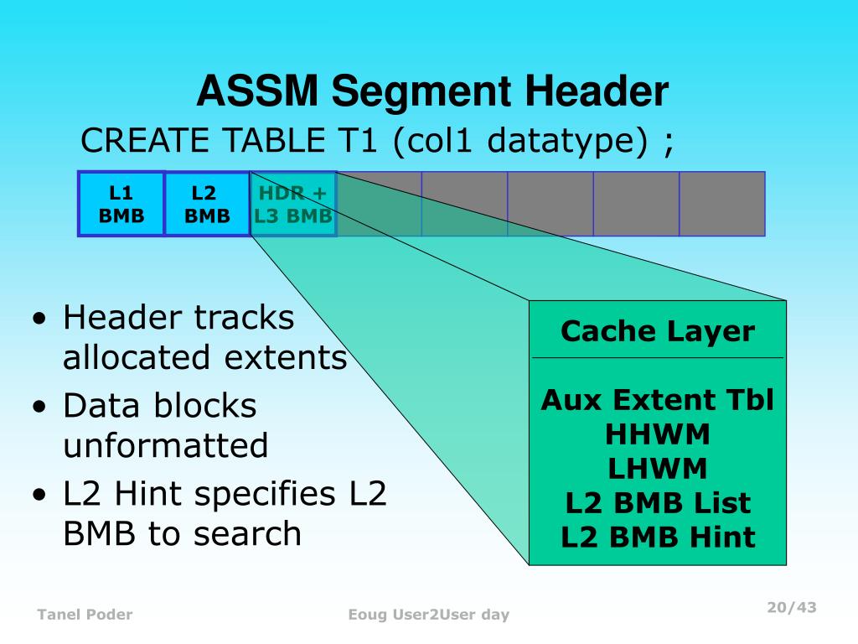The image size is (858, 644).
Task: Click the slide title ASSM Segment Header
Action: [432, 91]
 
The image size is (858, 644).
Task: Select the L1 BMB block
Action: [121, 204]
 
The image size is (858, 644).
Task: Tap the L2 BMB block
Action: [207, 204]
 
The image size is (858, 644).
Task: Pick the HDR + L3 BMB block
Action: [293, 204]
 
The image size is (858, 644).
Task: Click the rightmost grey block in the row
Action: [722, 204]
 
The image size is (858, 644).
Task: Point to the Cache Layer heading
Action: [658, 331]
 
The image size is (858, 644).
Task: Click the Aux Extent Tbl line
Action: [658, 400]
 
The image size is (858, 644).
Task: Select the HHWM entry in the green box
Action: [658, 434]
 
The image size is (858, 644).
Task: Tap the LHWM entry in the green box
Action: [658, 468]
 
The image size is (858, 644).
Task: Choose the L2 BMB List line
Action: [658, 503]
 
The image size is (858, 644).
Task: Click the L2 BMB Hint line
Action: [658, 537]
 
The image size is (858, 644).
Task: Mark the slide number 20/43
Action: [792, 607]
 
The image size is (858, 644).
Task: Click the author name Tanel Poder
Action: [85, 615]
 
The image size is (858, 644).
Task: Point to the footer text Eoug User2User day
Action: [429, 615]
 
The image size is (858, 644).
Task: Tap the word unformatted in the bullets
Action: [166, 445]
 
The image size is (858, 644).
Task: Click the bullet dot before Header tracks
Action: [40, 321]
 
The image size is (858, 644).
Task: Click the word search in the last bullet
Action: [256, 533]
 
